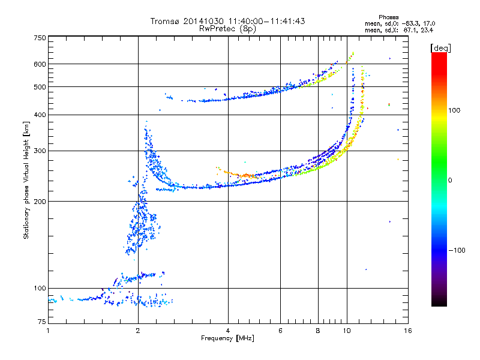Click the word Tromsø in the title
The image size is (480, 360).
[x=164, y=21]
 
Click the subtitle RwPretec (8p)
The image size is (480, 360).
[x=227, y=29]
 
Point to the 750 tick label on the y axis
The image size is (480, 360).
[x=40, y=38]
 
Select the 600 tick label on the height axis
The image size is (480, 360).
[x=40, y=64]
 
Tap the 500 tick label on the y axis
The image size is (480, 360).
[x=40, y=87]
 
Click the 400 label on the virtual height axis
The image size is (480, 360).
[x=40, y=115]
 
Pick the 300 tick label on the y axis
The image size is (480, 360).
[x=40, y=151]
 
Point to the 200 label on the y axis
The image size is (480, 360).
[x=40, y=202]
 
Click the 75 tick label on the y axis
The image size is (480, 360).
[x=42, y=322]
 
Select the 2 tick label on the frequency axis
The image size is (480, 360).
[x=138, y=331]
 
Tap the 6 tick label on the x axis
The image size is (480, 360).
[x=280, y=331]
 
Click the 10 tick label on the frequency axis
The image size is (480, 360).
[x=347, y=331]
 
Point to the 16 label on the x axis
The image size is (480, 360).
[x=408, y=331]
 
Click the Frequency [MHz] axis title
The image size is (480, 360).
[x=227, y=338]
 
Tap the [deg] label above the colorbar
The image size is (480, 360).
[x=440, y=48]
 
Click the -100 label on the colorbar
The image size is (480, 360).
[x=457, y=250]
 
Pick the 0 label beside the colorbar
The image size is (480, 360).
[x=450, y=181]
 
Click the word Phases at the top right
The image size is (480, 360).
[x=389, y=17]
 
